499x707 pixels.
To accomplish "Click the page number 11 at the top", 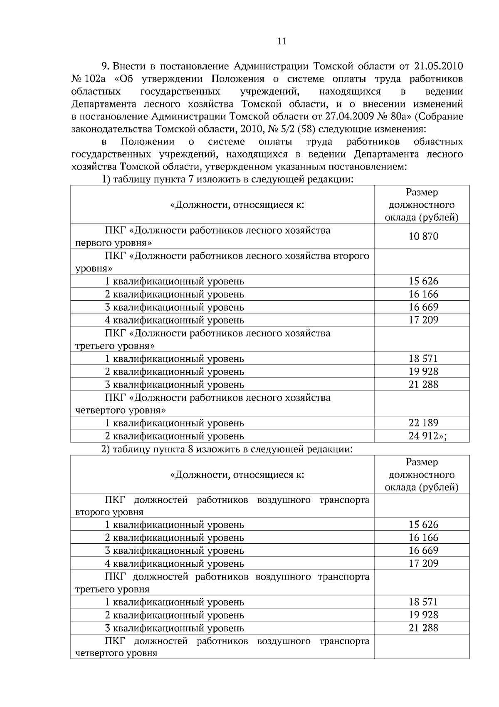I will [x=282, y=41].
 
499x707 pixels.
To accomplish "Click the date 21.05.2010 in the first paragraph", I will [x=439, y=66].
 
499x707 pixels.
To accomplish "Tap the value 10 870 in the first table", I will [x=423, y=236].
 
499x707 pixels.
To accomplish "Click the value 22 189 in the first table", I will [x=423, y=423].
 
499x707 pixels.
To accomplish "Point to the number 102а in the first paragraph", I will [x=95, y=79].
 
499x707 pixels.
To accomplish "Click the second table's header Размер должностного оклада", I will [x=422, y=475].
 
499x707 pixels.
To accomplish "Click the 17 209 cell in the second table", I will [x=423, y=563].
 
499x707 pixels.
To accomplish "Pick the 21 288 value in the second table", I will [x=423, y=628].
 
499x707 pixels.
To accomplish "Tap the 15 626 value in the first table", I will [x=423, y=281].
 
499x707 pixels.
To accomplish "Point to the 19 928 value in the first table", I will [x=423, y=371].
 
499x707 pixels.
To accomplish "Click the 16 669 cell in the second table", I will [x=423, y=550].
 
